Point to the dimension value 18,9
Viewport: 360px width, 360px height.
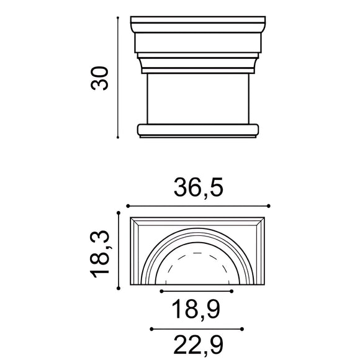197,308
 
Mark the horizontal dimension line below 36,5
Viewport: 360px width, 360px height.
197,205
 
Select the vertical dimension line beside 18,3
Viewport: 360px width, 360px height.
119,251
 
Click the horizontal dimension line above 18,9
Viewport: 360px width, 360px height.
197,290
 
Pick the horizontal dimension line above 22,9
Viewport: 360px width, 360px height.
197,328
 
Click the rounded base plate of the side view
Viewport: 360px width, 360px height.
197,130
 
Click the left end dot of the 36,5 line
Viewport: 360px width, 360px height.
127,205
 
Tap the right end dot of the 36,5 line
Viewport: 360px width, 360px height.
268,205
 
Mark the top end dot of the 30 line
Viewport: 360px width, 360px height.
118,19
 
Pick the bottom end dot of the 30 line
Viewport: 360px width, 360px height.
118,137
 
